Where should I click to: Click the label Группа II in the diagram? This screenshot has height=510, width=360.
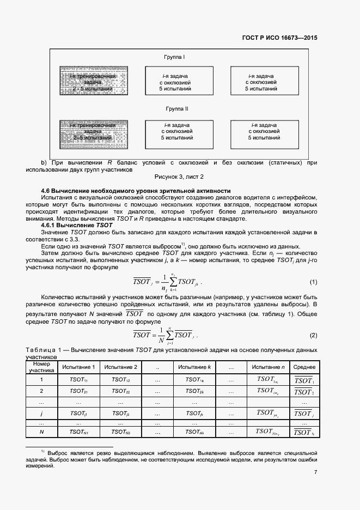pos(176,109)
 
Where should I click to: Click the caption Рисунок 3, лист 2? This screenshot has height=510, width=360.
pos(179,177)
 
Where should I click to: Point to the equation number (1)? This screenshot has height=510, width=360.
pos(313,282)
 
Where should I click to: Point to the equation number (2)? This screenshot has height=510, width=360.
pos(313,335)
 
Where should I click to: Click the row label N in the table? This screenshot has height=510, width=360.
pos(41,432)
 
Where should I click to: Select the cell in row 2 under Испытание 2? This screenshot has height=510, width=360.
pos(120,391)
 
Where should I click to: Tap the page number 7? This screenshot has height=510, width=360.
pos(315,472)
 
